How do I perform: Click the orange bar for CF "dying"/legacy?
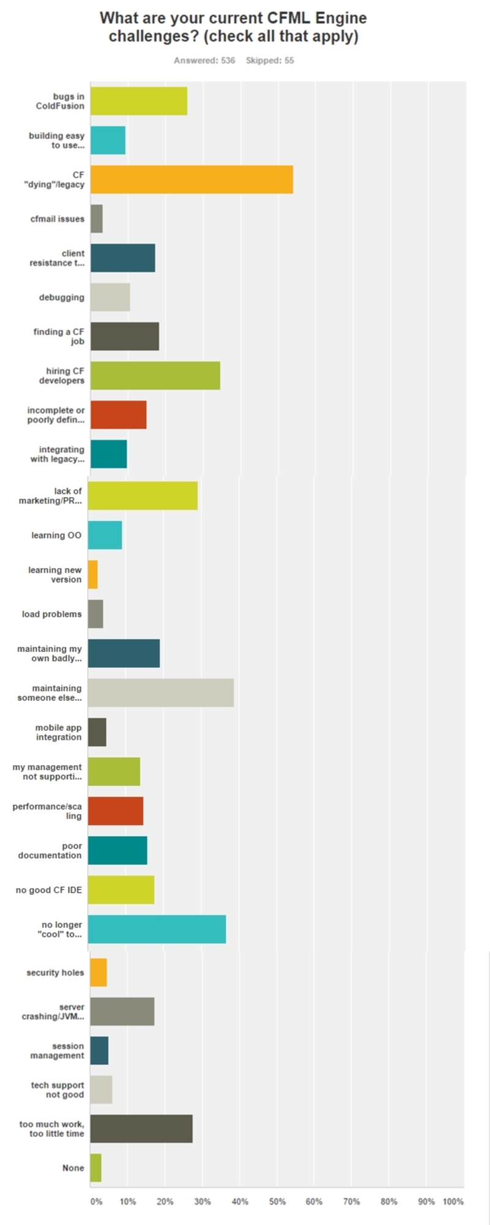[x=192, y=180]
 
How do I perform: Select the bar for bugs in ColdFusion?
[x=139, y=101]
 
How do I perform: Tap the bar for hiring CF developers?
[x=156, y=376]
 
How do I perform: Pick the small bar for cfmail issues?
[x=97, y=219]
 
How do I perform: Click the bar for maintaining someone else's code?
[x=161, y=692]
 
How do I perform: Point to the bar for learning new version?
[x=92, y=574]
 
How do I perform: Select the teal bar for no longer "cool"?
[x=157, y=929]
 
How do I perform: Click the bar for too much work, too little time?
[x=141, y=1128]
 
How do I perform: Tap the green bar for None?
[x=96, y=1167]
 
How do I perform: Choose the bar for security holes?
[x=99, y=972]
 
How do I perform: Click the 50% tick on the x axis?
[x=277, y=1201]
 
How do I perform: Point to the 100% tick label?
[x=453, y=1201]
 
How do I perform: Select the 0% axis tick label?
[x=96, y=1201]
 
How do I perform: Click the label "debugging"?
[x=62, y=297]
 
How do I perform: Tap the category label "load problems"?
[x=51, y=614]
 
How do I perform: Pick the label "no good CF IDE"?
[x=48, y=890]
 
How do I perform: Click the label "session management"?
[x=58, y=1050]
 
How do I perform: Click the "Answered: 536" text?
[x=205, y=61]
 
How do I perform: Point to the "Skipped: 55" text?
[x=270, y=61]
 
